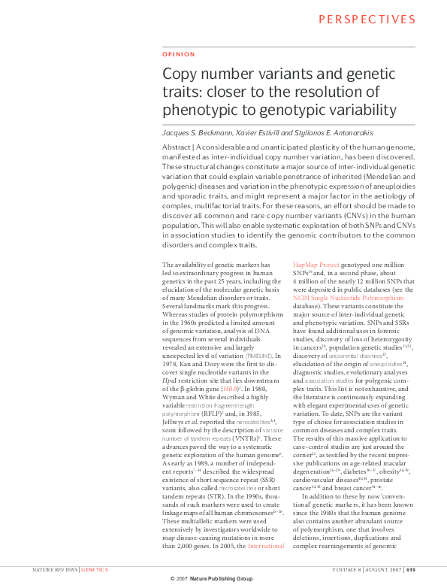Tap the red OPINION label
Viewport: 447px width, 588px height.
tap(179, 54)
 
